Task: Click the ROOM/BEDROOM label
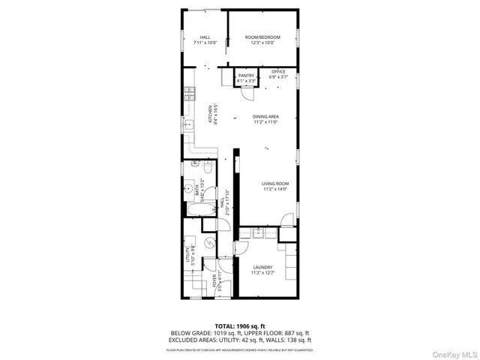tap(261, 37)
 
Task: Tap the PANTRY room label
tap(246, 76)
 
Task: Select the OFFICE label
tap(278, 71)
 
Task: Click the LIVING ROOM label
tap(275, 184)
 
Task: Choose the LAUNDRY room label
tap(262, 267)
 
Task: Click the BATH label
tap(198, 190)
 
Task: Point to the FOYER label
tap(217, 281)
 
